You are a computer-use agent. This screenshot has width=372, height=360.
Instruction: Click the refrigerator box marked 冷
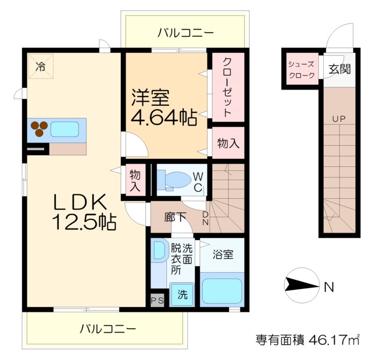coord(40,67)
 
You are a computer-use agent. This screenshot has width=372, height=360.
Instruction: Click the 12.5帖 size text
coord(85,222)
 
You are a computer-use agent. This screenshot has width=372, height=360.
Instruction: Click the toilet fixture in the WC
coord(174,180)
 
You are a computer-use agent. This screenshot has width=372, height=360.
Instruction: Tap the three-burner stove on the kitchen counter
coord(40,129)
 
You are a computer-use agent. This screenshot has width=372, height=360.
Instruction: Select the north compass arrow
coord(301,285)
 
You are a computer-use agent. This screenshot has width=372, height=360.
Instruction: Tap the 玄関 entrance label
coord(339,69)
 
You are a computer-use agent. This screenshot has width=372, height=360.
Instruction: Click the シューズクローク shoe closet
coord(301,70)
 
